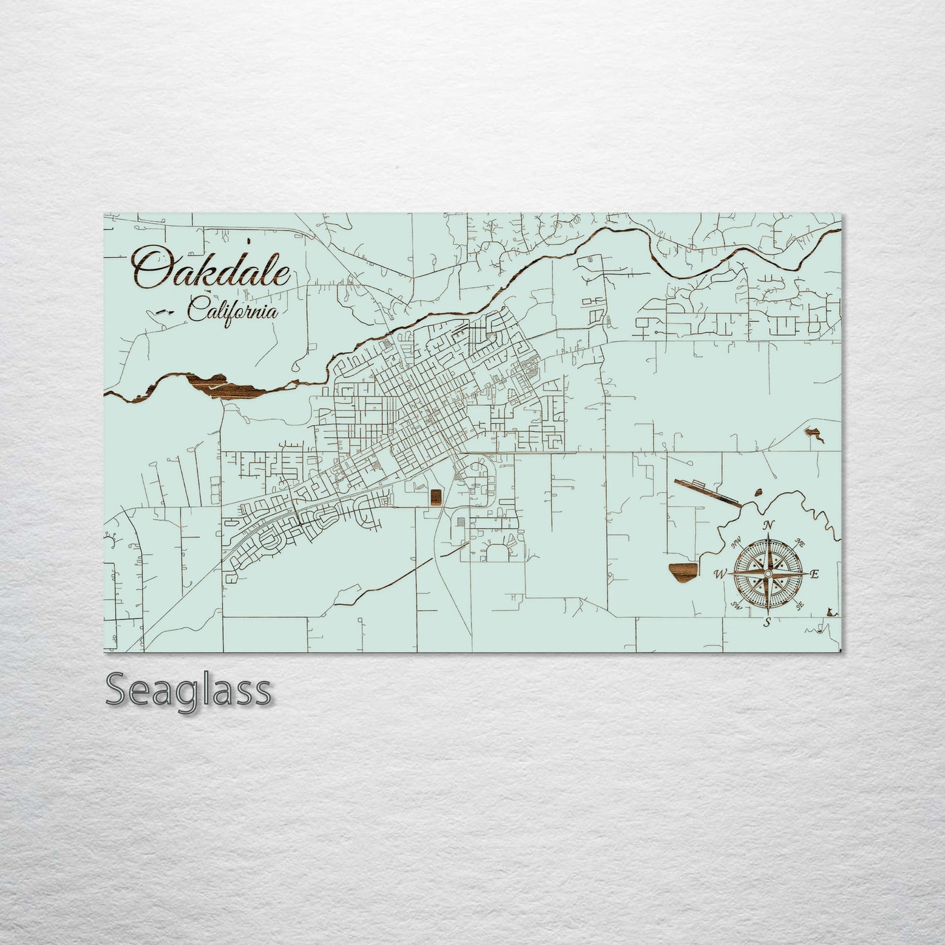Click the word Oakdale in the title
coord(211,268)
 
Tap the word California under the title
coord(232,311)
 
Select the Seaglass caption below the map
coord(188,690)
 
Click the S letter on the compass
coord(768,622)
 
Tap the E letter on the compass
coord(814,575)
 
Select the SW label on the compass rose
coord(736,606)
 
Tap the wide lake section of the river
coord(226,387)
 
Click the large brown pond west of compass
coord(681,572)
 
